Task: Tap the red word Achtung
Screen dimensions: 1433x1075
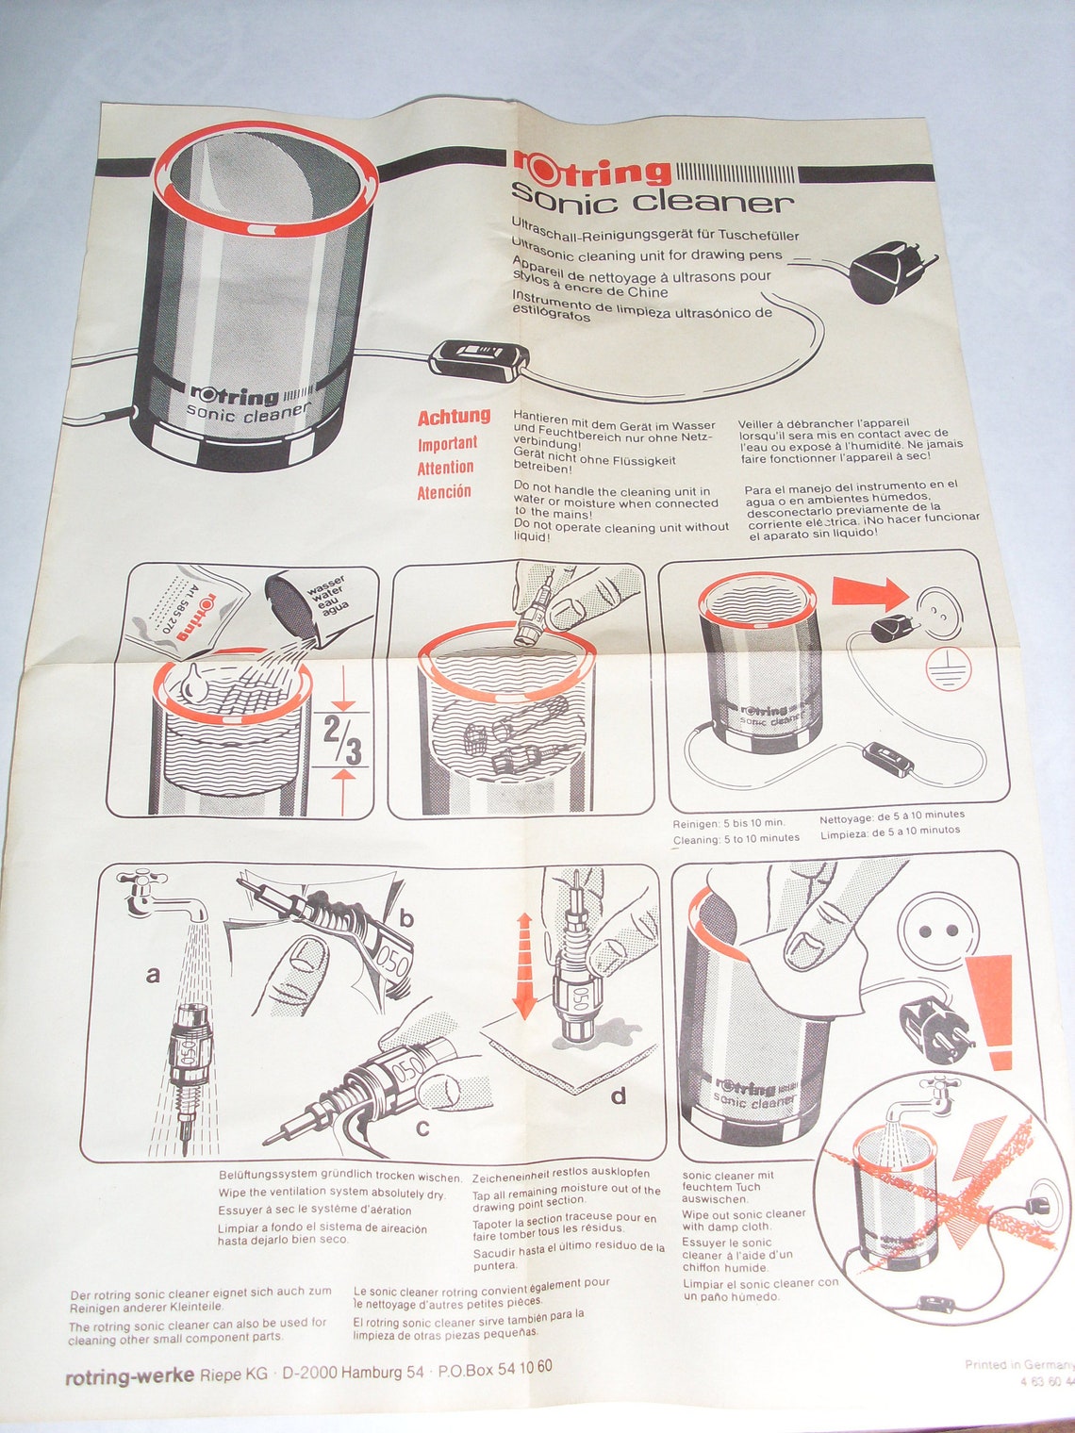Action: (455, 416)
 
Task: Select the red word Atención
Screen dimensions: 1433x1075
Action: (444, 491)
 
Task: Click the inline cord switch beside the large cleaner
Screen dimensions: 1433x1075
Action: (478, 357)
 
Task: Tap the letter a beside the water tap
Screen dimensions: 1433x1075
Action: (153, 976)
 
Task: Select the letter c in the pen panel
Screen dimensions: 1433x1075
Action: (422, 1127)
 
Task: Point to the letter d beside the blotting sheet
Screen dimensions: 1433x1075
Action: (619, 1095)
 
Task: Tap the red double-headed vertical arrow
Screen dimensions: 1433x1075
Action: (524, 963)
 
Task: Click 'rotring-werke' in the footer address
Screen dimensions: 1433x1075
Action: (129, 1376)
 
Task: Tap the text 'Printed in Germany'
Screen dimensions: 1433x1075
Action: (1018, 1364)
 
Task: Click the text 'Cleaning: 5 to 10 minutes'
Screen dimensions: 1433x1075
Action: (736, 837)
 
